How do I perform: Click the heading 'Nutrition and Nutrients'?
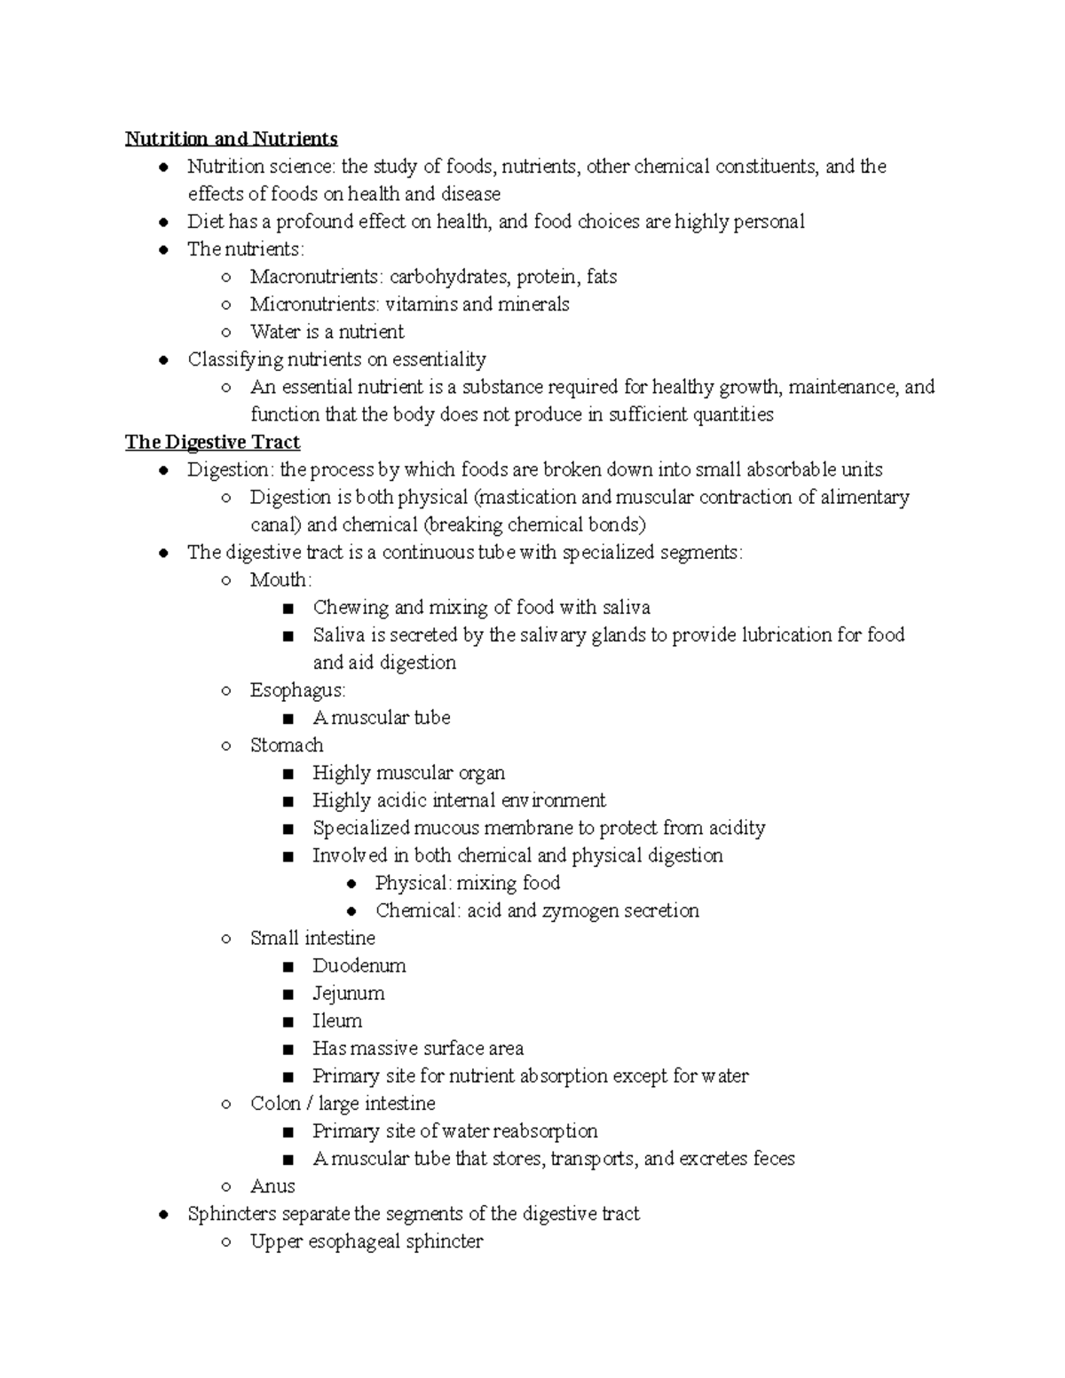pyautogui.click(x=231, y=139)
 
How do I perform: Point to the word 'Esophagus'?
pyautogui.click(x=296, y=690)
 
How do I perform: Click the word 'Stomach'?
pyautogui.click(x=287, y=745)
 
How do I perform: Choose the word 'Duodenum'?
pyautogui.click(x=359, y=965)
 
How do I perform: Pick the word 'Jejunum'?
pyautogui.click(x=348, y=993)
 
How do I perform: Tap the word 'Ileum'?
pyautogui.click(x=336, y=1020)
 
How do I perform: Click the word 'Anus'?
pyautogui.click(x=272, y=1186)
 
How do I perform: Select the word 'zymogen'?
pyautogui.click(x=580, y=910)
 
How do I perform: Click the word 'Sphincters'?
pyautogui.click(x=232, y=1214)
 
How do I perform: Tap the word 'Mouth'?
pyautogui.click(x=279, y=580)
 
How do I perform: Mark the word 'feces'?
pyautogui.click(x=773, y=1159)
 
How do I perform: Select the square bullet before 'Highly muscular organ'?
pyautogui.click(x=287, y=774)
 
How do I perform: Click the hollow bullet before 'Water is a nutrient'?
pyautogui.click(x=226, y=333)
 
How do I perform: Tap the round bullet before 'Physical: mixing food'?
pyautogui.click(x=351, y=884)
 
